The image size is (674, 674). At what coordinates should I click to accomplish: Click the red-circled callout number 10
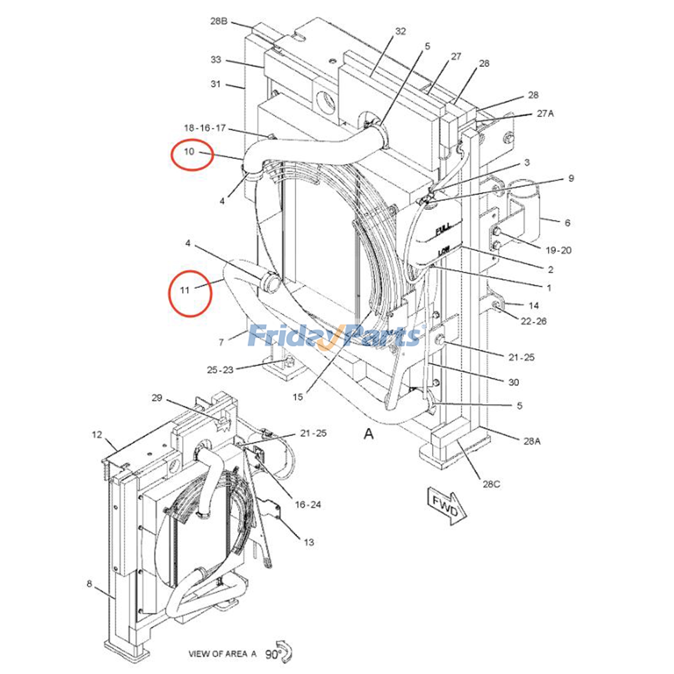click(190, 152)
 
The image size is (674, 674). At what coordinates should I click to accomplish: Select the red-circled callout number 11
click(185, 290)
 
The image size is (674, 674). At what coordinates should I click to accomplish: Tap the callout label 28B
click(219, 21)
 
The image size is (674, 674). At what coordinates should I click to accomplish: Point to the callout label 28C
click(491, 484)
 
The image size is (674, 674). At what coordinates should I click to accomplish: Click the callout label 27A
click(545, 113)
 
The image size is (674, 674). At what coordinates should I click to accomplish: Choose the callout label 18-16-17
click(205, 128)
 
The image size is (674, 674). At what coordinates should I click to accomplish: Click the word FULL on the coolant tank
click(443, 230)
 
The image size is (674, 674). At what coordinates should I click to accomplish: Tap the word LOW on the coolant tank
click(444, 251)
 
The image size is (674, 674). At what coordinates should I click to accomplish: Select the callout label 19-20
click(559, 250)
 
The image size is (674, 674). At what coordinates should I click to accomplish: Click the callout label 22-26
click(533, 321)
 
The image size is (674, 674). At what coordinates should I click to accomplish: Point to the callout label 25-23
click(220, 370)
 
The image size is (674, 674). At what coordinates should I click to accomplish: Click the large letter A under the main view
click(369, 433)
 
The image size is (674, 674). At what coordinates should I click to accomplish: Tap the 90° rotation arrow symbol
click(285, 653)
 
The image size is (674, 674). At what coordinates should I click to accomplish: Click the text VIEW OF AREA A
click(222, 654)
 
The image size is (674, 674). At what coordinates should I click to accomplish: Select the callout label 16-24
click(308, 504)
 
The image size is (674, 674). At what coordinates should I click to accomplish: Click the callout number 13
click(309, 542)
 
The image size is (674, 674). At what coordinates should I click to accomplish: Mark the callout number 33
click(216, 60)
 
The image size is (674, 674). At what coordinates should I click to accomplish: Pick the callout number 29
click(157, 398)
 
